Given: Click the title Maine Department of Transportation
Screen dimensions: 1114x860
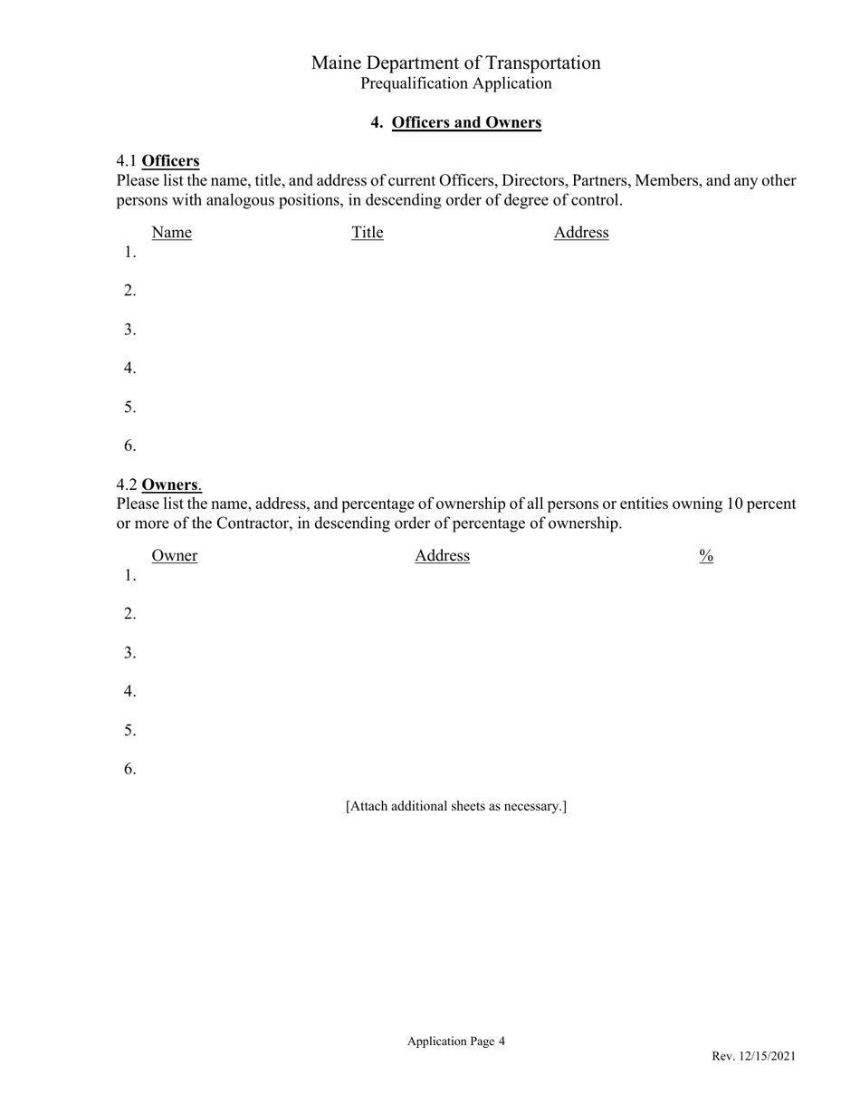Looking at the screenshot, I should pos(455,62).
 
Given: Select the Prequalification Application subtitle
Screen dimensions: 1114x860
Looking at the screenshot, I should pos(455,83).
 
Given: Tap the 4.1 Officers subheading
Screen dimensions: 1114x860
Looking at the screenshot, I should pos(158,161).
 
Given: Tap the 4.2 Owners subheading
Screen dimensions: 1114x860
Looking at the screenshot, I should pos(158,485).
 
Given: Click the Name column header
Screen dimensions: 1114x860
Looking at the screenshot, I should pos(172,233).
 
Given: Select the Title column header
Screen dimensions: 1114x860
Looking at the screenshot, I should pos(368,233).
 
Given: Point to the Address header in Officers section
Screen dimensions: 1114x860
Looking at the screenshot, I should pos(581,233).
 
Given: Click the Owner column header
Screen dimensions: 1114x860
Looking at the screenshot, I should pos(175,556).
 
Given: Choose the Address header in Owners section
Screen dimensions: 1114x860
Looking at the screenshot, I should pos(442,556).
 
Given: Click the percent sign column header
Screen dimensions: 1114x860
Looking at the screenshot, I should pos(706,556).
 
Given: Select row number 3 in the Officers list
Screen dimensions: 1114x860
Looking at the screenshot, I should pos(130,330).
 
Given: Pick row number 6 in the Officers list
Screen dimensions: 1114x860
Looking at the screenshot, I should pos(130,446).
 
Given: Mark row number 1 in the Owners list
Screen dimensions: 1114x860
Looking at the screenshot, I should pos(130,575).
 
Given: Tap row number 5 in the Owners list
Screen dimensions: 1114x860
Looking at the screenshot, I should pos(130,730).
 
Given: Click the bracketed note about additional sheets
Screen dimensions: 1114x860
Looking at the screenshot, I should pos(456,806).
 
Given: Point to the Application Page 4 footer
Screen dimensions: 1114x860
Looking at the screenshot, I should pos(456,1042).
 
